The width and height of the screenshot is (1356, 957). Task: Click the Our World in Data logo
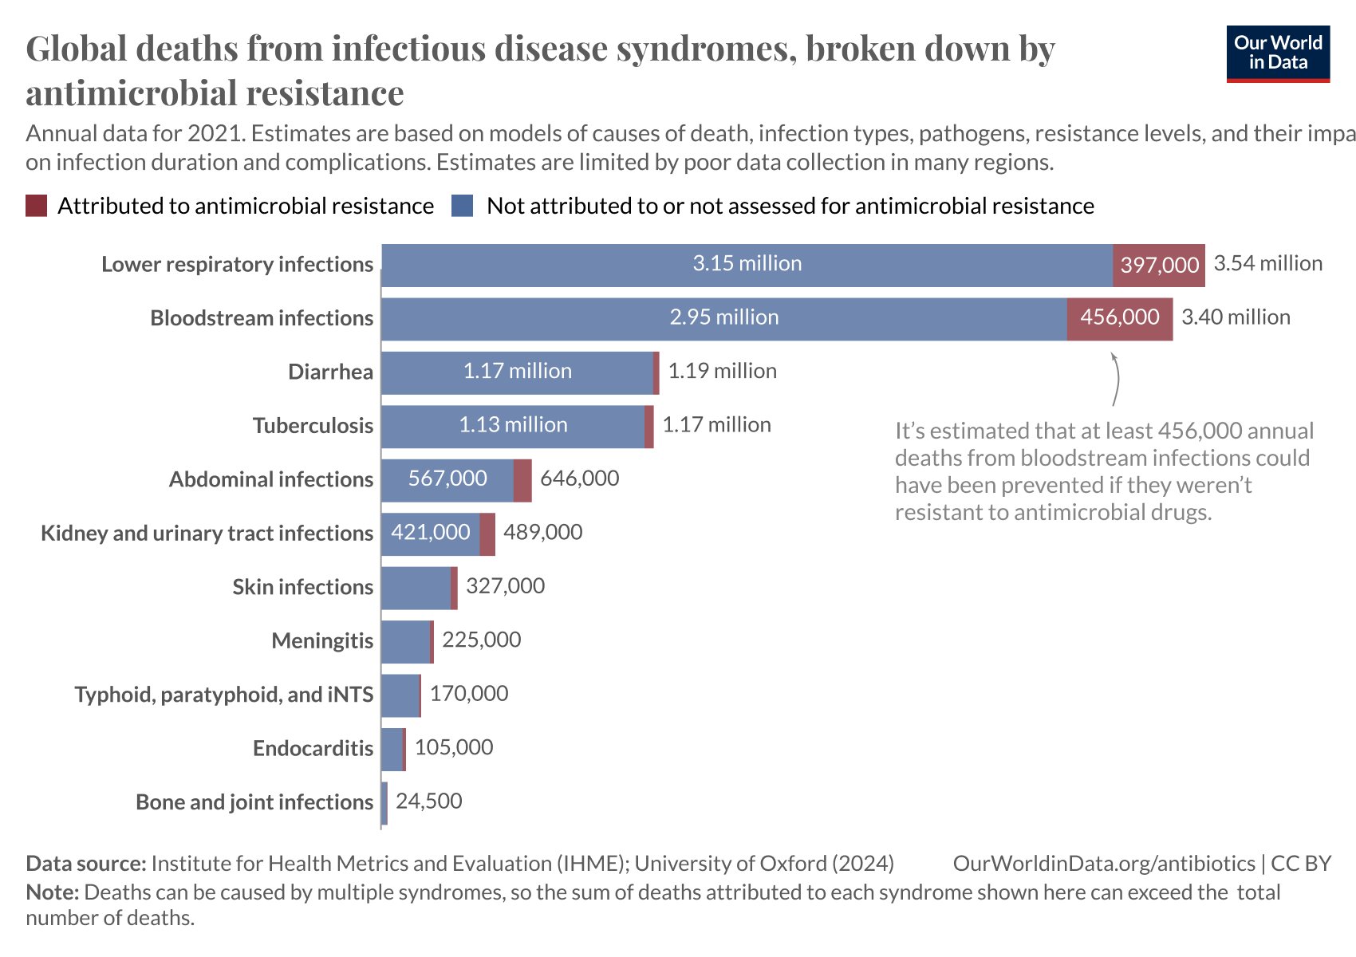click(1278, 53)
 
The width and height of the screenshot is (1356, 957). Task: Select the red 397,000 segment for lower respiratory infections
click(1158, 265)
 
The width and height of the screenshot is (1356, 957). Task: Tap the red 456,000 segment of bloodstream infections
click(1119, 318)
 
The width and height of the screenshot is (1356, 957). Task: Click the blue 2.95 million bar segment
click(723, 318)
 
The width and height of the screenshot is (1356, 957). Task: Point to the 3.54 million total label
click(1267, 264)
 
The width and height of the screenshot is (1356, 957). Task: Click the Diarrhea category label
click(330, 372)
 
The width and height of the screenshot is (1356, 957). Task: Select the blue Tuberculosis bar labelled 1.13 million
click(512, 426)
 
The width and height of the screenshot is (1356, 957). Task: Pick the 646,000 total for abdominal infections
click(579, 478)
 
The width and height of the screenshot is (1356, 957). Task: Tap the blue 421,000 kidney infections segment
click(430, 533)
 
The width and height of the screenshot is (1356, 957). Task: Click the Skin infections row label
click(302, 587)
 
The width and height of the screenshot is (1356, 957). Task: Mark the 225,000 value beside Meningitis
click(481, 640)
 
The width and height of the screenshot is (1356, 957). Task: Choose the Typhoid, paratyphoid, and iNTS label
click(223, 695)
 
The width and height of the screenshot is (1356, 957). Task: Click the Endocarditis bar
click(392, 749)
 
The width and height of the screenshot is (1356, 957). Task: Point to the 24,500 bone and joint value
click(428, 801)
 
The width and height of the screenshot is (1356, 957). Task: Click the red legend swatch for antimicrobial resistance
click(37, 206)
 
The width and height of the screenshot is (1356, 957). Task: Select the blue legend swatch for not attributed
click(463, 206)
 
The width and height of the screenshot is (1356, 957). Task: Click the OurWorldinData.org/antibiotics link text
click(1103, 864)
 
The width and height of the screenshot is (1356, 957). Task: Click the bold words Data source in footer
click(85, 864)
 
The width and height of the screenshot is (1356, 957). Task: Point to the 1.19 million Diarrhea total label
click(722, 372)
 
